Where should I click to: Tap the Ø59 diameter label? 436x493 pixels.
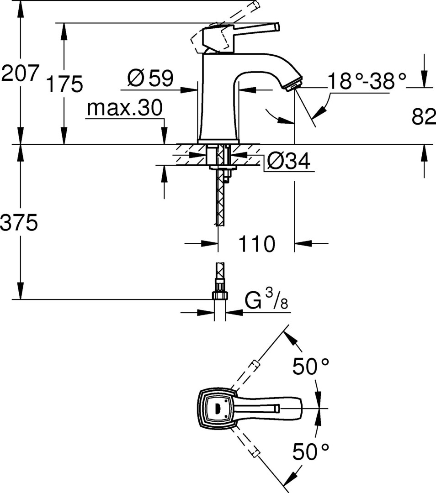(x=150, y=79)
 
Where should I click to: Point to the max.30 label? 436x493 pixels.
(x=125, y=108)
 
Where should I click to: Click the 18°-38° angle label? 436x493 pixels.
(x=367, y=81)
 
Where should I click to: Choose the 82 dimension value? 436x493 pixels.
(x=424, y=117)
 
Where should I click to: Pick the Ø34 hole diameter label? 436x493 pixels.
(x=288, y=161)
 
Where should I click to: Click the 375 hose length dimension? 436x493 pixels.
(x=19, y=223)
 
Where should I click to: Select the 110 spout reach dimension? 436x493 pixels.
(x=257, y=244)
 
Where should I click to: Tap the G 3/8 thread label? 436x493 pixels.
(x=266, y=300)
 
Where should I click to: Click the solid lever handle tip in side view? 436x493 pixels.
(x=277, y=27)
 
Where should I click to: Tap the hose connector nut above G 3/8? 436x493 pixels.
(x=220, y=295)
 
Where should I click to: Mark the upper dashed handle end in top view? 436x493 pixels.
(x=255, y=365)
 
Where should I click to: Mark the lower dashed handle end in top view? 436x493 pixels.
(x=255, y=453)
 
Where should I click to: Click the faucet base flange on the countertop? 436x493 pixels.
(x=218, y=141)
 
